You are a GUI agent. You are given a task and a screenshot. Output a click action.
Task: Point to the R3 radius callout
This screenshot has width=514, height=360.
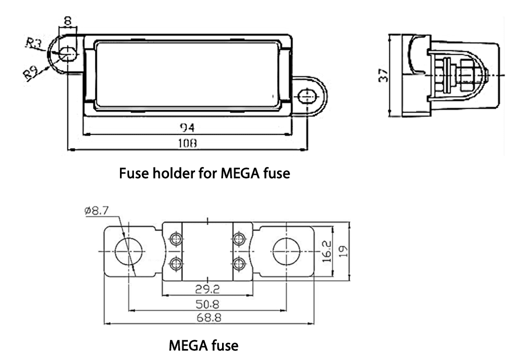34,44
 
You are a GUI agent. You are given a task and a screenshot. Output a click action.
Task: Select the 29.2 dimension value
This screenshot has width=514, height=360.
207,289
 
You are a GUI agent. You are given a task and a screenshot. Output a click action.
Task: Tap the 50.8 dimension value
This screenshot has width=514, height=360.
207,304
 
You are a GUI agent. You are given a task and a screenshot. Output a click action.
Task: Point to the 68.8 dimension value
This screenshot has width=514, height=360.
207,318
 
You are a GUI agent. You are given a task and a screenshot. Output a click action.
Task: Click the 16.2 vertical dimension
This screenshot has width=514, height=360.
327,251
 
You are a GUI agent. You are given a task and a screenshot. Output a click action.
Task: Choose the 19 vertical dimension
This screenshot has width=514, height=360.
343,251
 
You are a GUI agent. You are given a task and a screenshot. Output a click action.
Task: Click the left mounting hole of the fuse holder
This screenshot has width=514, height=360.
66,53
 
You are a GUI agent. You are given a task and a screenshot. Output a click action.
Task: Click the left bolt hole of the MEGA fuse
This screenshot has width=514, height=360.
129,251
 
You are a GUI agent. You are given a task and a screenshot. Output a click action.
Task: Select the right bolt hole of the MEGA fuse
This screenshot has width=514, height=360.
287,251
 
